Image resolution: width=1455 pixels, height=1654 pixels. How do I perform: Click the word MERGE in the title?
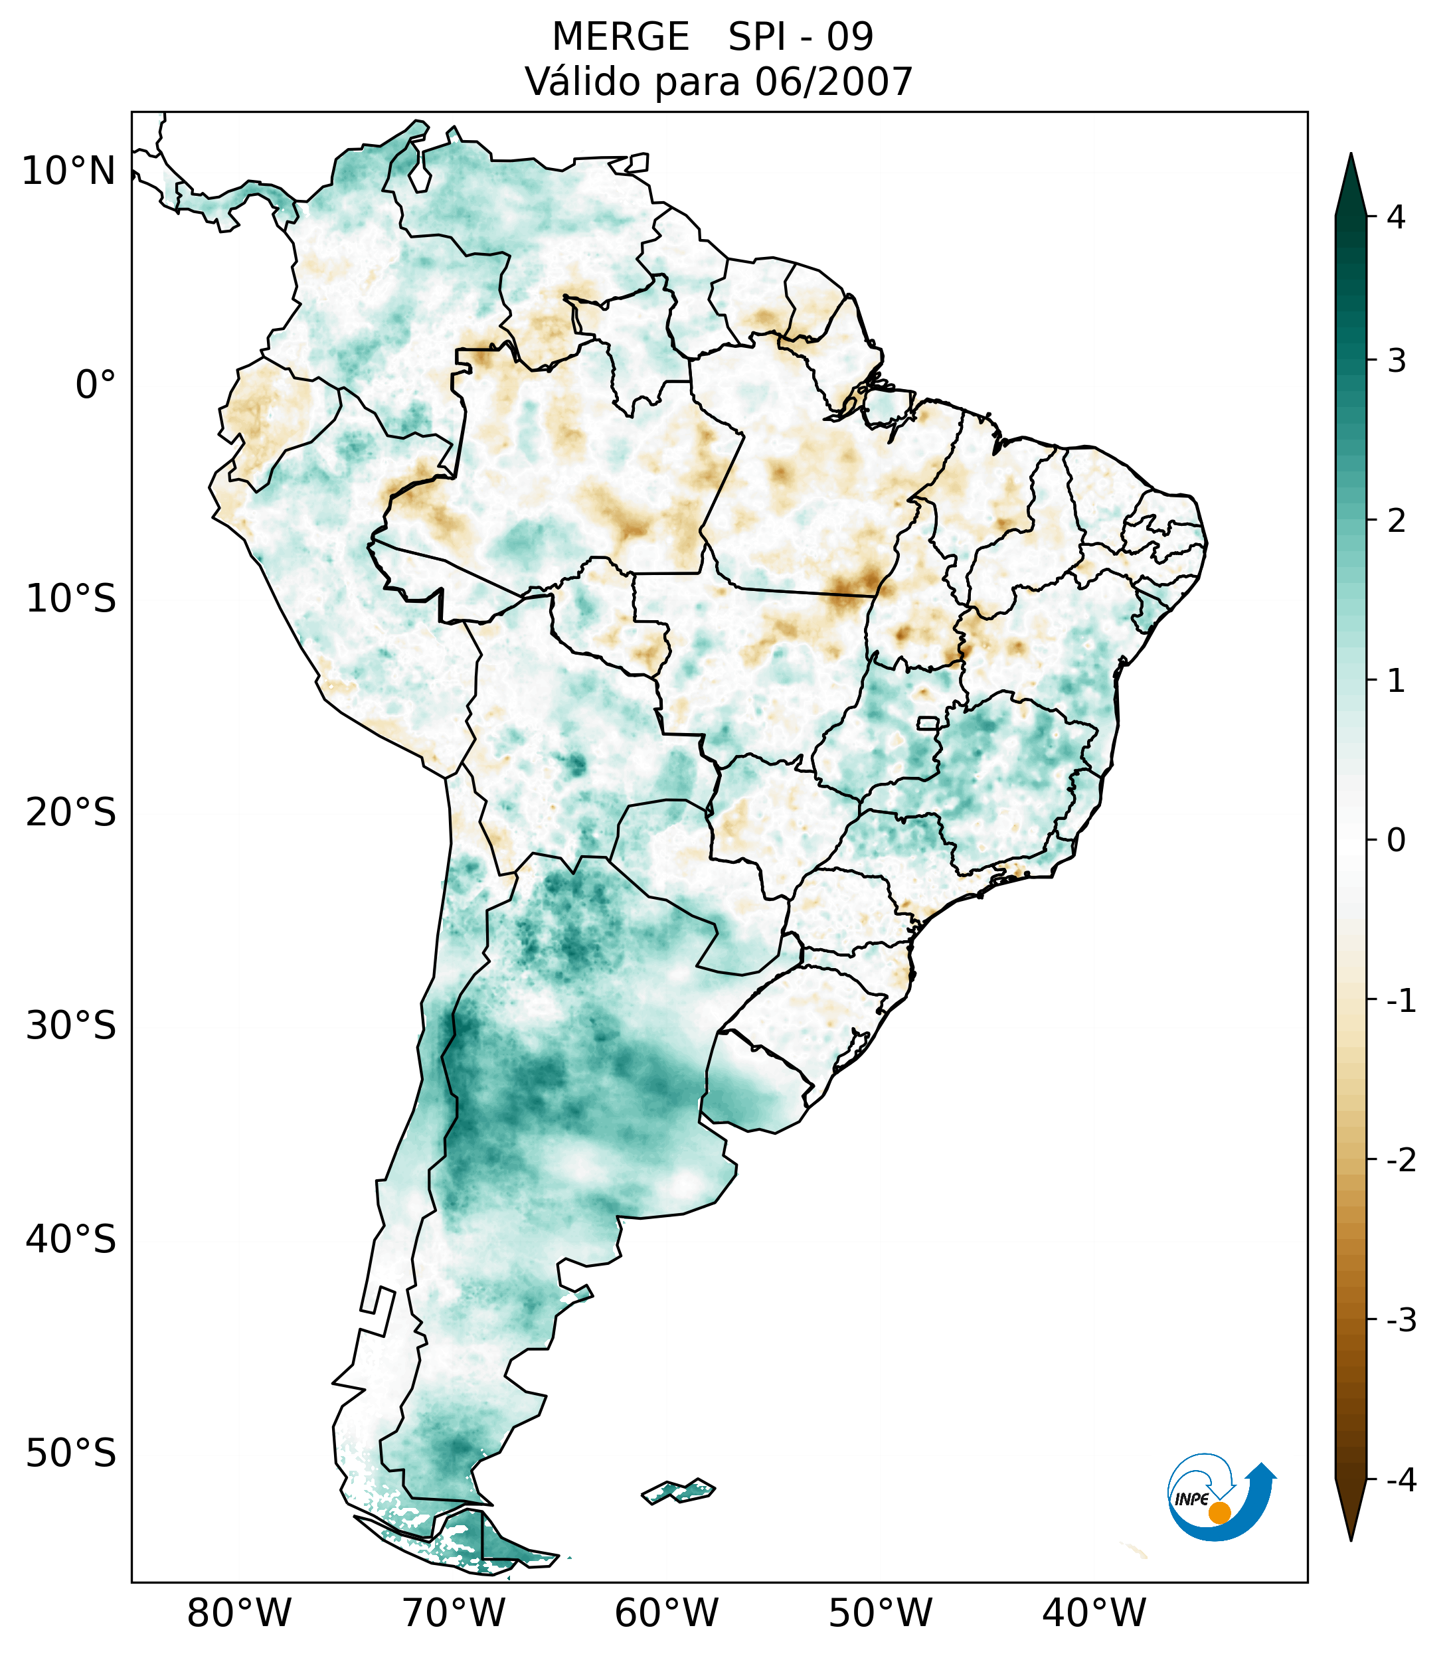(x=621, y=37)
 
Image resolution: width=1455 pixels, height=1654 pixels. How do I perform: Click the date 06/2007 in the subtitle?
(x=833, y=82)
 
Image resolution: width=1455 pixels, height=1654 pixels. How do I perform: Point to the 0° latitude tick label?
(x=96, y=384)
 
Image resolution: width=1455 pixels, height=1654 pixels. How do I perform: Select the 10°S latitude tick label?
(x=71, y=599)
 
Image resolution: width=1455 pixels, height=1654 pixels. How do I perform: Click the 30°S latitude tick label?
(x=71, y=1026)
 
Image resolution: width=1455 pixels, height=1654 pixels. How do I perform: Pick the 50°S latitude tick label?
(x=71, y=1454)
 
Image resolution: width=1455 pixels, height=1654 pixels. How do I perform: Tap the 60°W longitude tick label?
(x=666, y=1613)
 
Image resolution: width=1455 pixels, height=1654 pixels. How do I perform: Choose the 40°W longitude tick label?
(x=1094, y=1613)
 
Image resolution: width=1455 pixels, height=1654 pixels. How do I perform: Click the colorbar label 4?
(x=1396, y=217)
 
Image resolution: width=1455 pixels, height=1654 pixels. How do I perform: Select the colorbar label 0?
(x=1396, y=841)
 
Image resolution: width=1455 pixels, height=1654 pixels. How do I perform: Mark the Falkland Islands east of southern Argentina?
(x=678, y=1490)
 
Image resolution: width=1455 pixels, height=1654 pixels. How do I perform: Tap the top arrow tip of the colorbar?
(x=1350, y=156)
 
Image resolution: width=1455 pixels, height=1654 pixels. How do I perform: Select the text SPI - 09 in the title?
(x=800, y=37)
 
